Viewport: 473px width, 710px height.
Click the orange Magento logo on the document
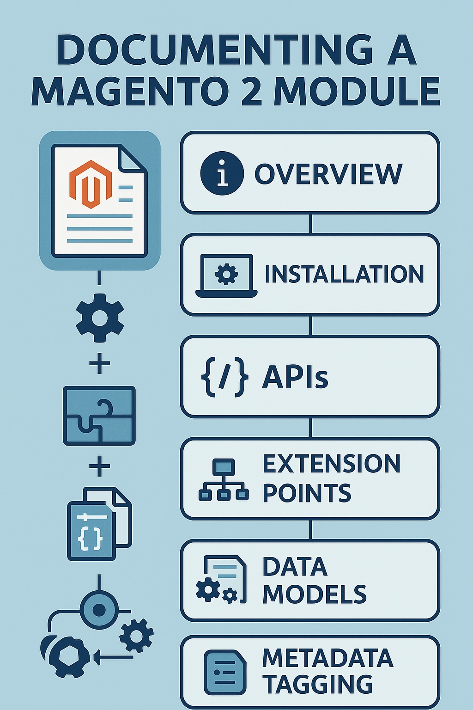point(91,184)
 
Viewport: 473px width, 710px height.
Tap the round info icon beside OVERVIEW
point(222,173)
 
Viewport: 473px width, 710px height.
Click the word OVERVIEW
point(328,174)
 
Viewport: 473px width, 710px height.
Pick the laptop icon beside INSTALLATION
point(226,276)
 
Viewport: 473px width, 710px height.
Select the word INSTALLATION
point(344,274)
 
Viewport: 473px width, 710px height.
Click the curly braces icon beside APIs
point(224,377)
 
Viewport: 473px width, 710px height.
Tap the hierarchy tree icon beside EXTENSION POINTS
point(224,479)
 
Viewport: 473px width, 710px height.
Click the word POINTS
point(307,493)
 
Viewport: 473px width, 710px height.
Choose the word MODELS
point(314,594)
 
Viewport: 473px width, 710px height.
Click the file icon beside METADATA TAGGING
point(225,672)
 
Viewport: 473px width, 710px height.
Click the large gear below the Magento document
point(100,318)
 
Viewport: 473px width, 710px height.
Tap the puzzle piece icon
point(99,416)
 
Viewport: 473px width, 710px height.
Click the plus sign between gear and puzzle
point(100,364)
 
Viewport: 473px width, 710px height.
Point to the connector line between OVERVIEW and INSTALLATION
point(310,224)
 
